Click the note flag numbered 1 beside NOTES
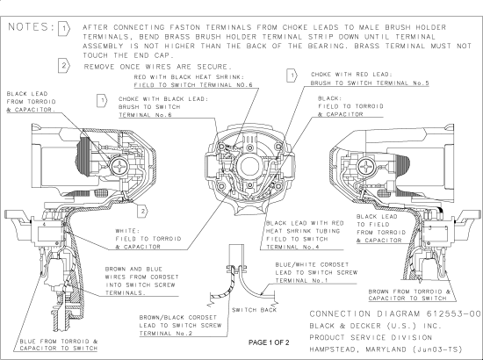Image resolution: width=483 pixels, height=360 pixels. click(x=64, y=29)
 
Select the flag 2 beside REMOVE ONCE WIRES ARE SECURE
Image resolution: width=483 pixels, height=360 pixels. click(x=64, y=66)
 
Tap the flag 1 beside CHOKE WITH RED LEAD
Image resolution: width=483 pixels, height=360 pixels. click(x=292, y=76)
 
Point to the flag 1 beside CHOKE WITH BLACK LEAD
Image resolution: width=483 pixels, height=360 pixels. click(x=102, y=101)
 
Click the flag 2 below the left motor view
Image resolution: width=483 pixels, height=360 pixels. click(x=142, y=212)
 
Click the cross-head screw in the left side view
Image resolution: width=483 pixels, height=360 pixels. click(x=119, y=167)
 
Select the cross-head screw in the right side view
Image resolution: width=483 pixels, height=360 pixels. click(x=366, y=167)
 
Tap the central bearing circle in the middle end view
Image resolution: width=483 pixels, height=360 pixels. click(x=249, y=166)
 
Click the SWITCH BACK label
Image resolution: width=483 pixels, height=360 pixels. click(x=255, y=310)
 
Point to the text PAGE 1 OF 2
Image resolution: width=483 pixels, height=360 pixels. click(x=269, y=342)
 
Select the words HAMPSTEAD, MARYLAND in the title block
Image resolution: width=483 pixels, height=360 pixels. click(x=358, y=349)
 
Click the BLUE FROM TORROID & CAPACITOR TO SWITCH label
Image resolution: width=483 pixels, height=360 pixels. click(x=59, y=345)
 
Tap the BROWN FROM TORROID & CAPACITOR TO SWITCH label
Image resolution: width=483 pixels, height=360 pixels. click(x=409, y=295)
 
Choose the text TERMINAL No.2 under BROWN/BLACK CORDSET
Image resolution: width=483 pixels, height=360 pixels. click(x=166, y=333)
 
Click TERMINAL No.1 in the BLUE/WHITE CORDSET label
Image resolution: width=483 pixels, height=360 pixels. click(x=302, y=281)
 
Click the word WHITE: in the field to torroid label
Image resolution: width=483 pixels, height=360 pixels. click(x=128, y=231)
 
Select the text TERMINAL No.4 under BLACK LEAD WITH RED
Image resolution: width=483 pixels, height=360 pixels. click(x=292, y=247)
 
